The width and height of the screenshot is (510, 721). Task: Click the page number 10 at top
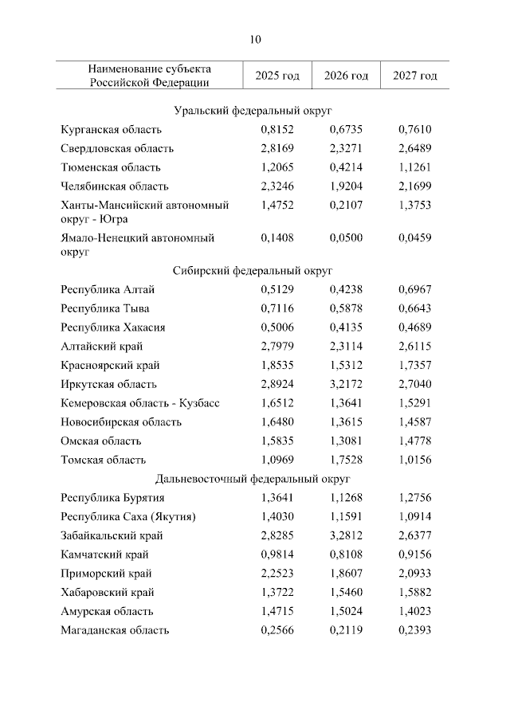tap(255, 38)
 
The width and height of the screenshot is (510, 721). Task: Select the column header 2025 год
tap(277, 76)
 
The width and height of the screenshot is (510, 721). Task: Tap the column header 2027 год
tap(415, 76)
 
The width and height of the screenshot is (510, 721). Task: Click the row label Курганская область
tap(111, 129)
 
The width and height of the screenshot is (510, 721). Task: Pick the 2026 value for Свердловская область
tap(346, 148)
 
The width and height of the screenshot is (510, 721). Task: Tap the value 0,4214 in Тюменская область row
tap(346, 167)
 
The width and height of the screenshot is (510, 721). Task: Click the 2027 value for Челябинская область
tap(415, 186)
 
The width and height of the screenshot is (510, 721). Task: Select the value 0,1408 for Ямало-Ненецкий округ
tap(277, 237)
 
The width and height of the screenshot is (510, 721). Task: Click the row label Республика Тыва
tap(104, 308)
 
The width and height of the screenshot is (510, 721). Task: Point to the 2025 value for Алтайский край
tap(277, 347)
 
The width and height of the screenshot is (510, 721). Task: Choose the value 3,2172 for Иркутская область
tap(346, 384)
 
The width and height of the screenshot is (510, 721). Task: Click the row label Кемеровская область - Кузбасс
tap(139, 403)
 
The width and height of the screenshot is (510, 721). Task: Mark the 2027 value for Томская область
tap(415, 460)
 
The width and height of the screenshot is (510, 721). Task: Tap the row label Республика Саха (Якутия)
tap(128, 516)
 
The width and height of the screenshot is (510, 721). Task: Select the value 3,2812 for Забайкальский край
tap(346, 535)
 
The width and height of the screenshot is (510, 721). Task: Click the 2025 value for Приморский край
tap(277, 574)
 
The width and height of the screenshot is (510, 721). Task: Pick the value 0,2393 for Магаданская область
tap(415, 630)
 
